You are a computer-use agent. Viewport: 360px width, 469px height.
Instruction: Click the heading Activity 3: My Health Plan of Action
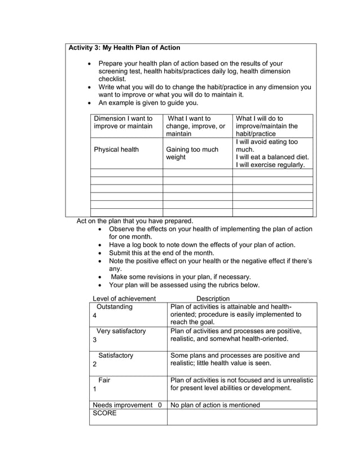pos(124,48)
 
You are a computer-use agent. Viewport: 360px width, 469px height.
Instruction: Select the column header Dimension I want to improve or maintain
pos(123,122)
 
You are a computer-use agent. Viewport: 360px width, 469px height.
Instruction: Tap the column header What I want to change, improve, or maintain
pos(196,126)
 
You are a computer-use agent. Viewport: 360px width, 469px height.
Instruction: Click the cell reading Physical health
pos(116,150)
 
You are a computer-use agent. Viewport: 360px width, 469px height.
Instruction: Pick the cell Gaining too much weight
pos(192,154)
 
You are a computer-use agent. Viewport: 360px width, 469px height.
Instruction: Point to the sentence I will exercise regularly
pos(270,165)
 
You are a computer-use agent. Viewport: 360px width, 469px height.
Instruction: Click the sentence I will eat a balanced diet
pos(272,157)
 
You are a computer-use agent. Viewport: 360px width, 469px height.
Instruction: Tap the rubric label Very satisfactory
pos(121,331)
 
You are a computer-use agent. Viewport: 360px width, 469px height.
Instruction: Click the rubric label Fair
pos(104,380)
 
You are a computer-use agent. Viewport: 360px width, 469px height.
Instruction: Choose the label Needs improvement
pos(122,405)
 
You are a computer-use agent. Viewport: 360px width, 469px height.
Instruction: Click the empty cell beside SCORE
pos(242,417)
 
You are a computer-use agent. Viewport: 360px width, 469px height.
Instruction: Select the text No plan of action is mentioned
pos(215,405)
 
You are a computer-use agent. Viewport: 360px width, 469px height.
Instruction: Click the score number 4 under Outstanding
pos(94,316)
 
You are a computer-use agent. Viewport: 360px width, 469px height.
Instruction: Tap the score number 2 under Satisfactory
pos(94,365)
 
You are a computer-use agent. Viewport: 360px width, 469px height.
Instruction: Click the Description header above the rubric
pos(213,299)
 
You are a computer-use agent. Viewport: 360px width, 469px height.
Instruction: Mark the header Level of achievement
pos(124,299)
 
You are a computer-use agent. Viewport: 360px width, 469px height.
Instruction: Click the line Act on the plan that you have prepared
pos(134,221)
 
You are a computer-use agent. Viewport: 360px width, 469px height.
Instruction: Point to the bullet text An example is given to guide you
pos(148,103)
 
